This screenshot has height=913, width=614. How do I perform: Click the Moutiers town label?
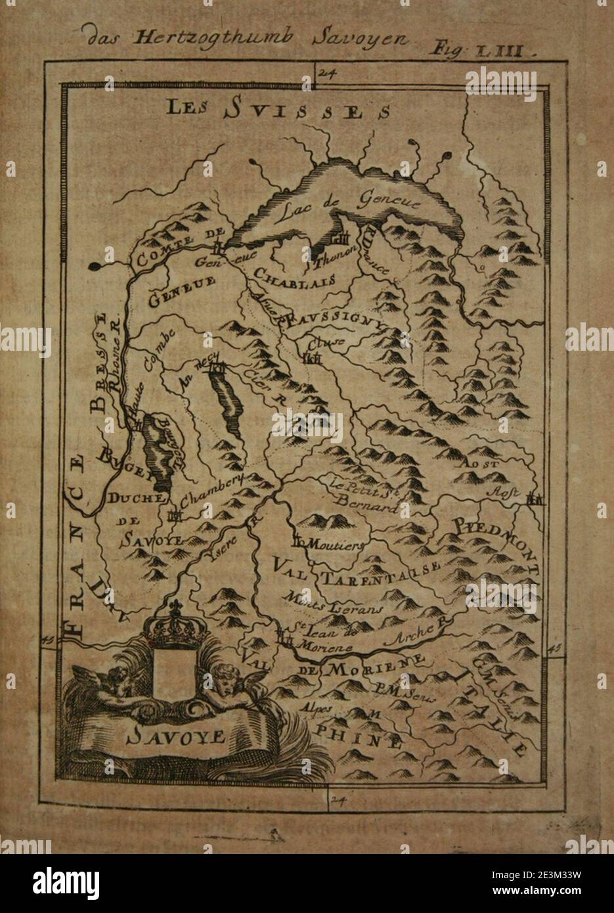point(336,545)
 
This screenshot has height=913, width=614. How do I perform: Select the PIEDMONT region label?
point(498,542)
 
